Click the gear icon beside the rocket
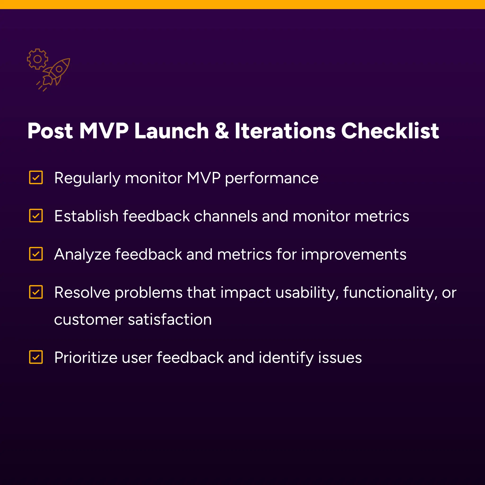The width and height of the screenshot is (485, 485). tap(37, 59)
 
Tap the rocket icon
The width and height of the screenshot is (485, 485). tap(57, 72)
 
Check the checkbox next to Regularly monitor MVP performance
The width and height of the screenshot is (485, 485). tap(36, 177)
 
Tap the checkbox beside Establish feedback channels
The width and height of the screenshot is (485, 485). tap(36, 216)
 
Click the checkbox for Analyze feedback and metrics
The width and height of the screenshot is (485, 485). tap(36, 254)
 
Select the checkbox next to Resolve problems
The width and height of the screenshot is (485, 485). tap(36, 292)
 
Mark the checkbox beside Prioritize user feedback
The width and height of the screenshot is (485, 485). tap(36, 357)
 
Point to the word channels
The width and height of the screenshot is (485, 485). tap(226, 216)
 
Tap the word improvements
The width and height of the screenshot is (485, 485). tap(354, 255)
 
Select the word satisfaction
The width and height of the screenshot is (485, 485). tap(170, 319)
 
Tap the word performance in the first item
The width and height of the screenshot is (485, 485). tap(272, 178)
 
